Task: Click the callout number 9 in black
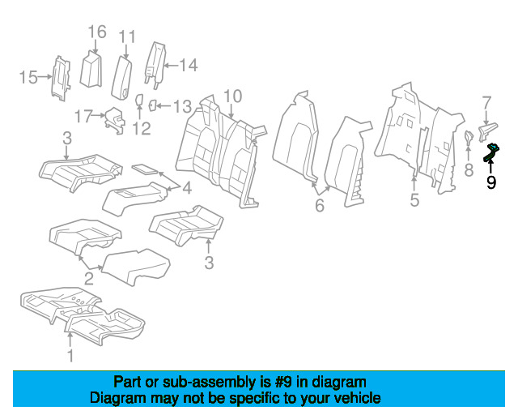pyautogui.click(x=491, y=182)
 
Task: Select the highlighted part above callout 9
pyautogui.click(x=491, y=152)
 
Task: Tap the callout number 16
pyautogui.click(x=97, y=32)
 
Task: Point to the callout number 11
pyautogui.click(x=127, y=37)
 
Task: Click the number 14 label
pyautogui.click(x=189, y=65)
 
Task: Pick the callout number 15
pyautogui.click(x=28, y=77)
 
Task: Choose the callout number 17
pyautogui.click(x=83, y=116)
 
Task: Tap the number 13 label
pyautogui.click(x=183, y=106)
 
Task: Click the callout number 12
pyautogui.click(x=142, y=128)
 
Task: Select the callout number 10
pyautogui.click(x=233, y=96)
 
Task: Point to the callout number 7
pyautogui.click(x=487, y=103)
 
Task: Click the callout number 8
pyautogui.click(x=469, y=170)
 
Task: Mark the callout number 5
pyautogui.click(x=414, y=200)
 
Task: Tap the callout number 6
pyautogui.click(x=320, y=205)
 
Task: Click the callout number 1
pyautogui.click(x=70, y=356)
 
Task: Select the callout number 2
pyautogui.click(x=89, y=279)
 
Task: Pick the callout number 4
pyautogui.click(x=187, y=188)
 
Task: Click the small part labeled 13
pyautogui.click(x=153, y=105)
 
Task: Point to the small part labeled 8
pyautogui.click(x=469, y=138)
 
